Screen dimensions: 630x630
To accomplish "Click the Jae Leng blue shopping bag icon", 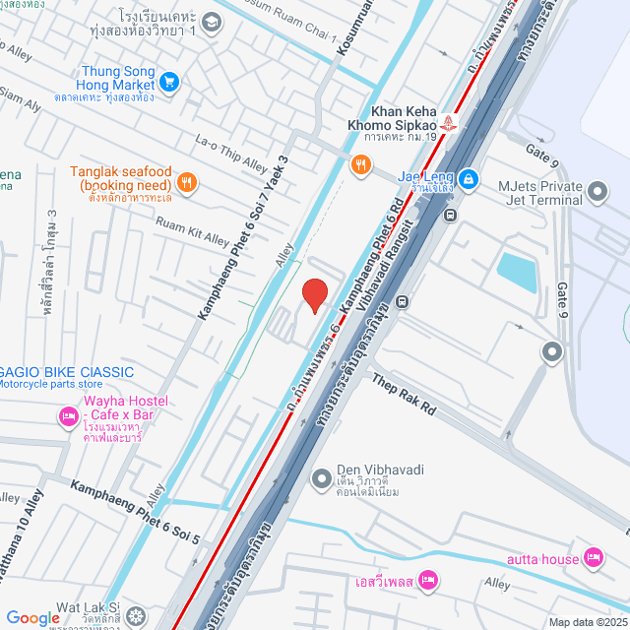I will point(469,178).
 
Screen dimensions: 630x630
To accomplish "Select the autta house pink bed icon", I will point(593,559).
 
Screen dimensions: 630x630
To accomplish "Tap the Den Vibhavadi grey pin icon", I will point(321,479).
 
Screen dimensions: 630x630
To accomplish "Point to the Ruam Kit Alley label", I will point(194,231).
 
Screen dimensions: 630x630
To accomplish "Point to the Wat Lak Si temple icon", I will point(135,617).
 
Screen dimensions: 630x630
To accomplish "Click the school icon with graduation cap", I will point(212,21).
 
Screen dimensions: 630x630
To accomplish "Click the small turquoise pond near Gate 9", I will point(517,272).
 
